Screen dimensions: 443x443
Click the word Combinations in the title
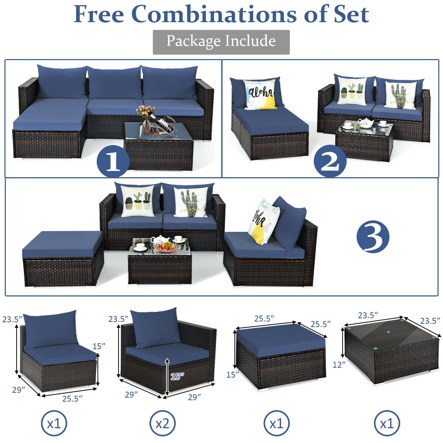pyautogui.click(x=214, y=14)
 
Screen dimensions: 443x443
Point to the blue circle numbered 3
pyautogui.click(x=373, y=237)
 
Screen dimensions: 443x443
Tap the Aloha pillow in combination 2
pyautogui.click(x=260, y=95)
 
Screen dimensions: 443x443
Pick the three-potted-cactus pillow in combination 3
pyautogui.click(x=138, y=201)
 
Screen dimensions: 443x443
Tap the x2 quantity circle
pyautogui.click(x=162, y=423)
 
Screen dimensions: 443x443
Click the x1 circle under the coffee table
pyautogui.click(x=387, y=423)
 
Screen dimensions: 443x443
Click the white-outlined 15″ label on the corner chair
pyautogui.click(x=178, y=376)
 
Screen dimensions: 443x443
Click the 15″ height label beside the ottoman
pyautogui.click(x=233, y=374)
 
